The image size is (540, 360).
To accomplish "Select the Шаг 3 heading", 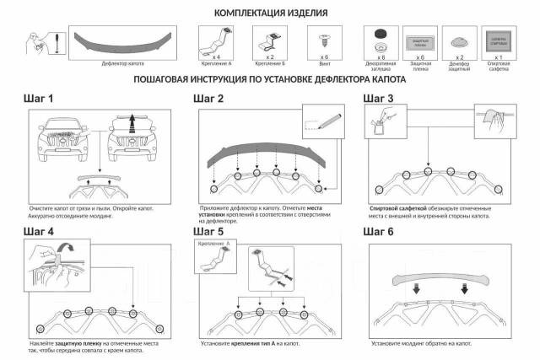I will click(378, 99).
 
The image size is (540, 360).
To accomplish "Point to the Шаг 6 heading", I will click(378, 231).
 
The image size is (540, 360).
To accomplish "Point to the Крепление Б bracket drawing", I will click(272, 39).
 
